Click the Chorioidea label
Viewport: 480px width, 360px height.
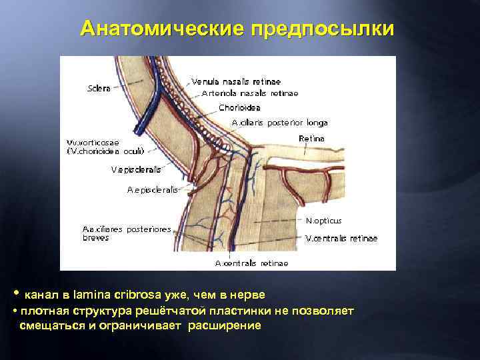(x=239, y=107)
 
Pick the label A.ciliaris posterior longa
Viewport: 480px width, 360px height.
(x=279, y=123)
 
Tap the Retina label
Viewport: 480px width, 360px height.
(x=311, y=138)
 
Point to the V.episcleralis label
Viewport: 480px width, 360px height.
(x=137, y=169)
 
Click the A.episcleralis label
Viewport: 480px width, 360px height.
(x=153, y=190)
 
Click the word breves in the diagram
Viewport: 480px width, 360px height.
(x=95, y=237)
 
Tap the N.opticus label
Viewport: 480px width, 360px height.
(x=323, y=220)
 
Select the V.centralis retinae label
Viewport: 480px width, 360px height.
(x=341, y=238)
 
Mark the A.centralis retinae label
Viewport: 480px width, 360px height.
(x=251, y=263)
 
